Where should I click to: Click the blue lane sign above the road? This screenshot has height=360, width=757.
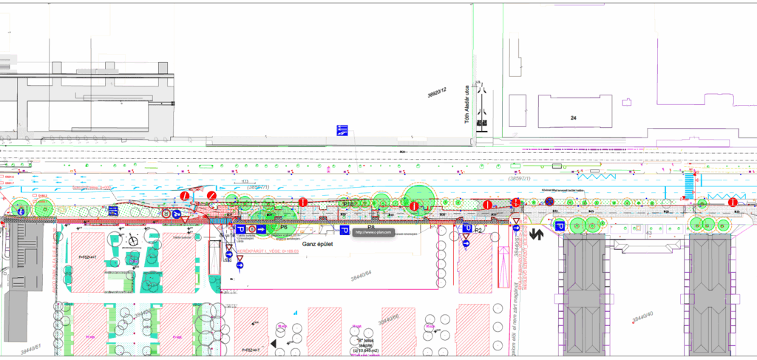click(x=342, y=131)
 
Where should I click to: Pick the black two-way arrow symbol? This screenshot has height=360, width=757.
click(x=537, y=234)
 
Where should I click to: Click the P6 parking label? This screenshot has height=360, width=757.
click(x=284, y=228)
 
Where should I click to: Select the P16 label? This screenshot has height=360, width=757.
click(x=350, y=203)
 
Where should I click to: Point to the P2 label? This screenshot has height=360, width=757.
click(x=478, y=231)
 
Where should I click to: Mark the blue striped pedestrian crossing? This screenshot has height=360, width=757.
click(x=689, y=182)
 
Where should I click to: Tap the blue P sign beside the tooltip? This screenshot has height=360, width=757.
click(x=344, y=231)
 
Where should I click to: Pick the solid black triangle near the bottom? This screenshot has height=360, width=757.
click(x=274, y=344)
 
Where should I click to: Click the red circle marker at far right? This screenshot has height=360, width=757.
click(x=732, y=203)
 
